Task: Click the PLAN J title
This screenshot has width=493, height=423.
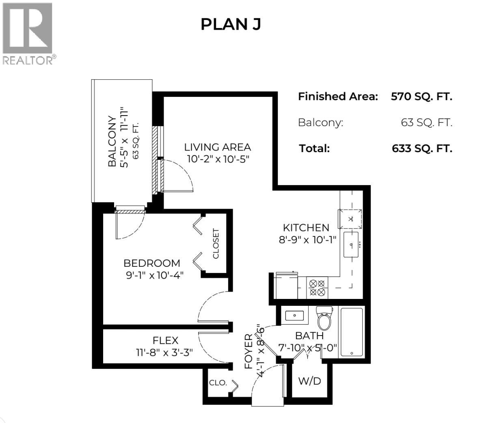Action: coord(230,24)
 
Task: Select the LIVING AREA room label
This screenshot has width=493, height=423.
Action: coord(217,147)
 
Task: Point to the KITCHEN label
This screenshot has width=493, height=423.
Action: coord(306,228)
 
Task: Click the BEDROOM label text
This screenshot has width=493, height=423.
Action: coord(152,263)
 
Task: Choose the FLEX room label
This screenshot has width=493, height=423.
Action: coord(165,340)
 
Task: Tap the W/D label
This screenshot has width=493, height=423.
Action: coord(309,381)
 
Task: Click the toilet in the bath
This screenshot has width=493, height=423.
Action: coord(324,319)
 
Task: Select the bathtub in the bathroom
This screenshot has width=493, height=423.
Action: coord(352,332)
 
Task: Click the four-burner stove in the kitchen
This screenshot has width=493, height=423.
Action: coord(317,287)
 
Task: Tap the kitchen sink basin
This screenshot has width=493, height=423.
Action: coord(352,244)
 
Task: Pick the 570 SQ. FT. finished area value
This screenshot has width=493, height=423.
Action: coord(421,97)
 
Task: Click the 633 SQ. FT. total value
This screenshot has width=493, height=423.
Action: coord(422,148)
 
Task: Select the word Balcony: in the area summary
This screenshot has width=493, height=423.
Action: coord(320,122)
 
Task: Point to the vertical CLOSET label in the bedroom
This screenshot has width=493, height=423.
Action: coord(216,243)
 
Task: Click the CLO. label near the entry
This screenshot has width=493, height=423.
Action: coord(218,383)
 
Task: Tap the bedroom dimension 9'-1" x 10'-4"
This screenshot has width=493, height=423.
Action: coord(154,275)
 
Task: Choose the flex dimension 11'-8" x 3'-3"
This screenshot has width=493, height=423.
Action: coord(164,352)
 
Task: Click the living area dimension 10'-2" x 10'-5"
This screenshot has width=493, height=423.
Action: coord(217,159)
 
